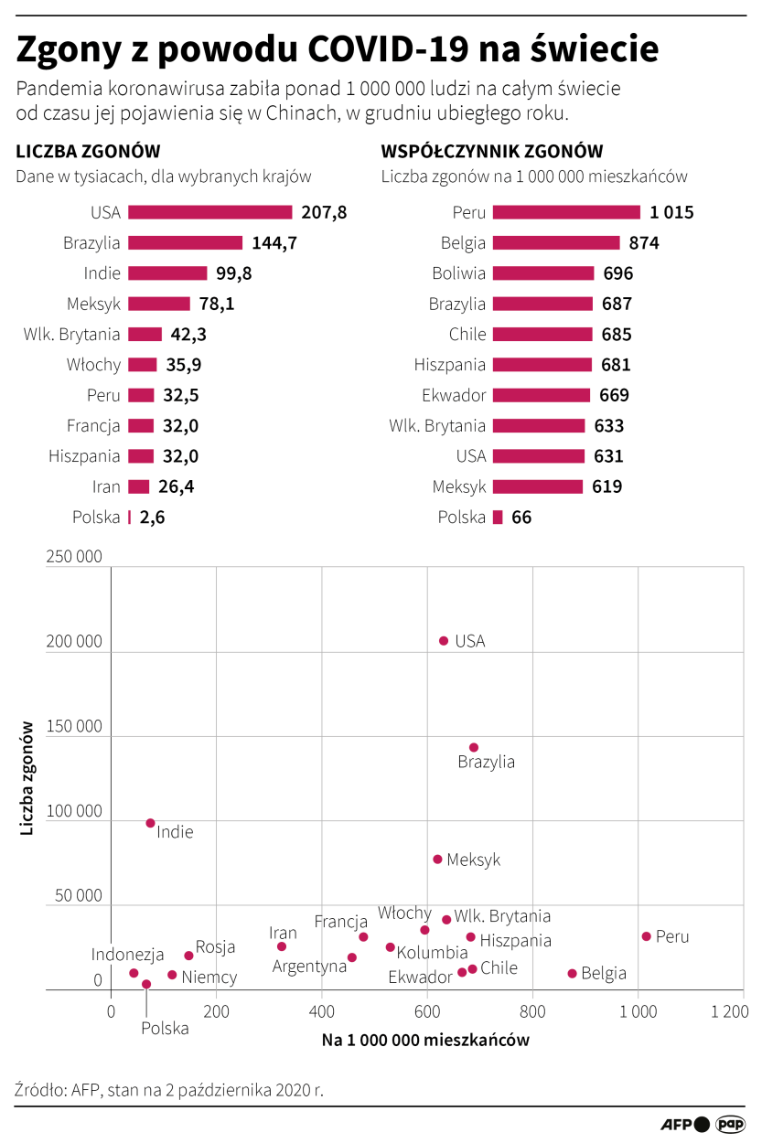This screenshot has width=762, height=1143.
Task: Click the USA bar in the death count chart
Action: [x=209, y=212]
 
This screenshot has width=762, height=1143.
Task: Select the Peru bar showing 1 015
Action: [x=566, y=212]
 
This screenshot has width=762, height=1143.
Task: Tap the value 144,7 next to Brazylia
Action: [x=274, y=243]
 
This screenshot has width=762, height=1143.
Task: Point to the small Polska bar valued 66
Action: [x=498, y=518]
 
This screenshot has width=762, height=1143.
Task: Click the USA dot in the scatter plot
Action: [x=444, y=641]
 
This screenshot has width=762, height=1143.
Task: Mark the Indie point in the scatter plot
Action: [x=151, y=823]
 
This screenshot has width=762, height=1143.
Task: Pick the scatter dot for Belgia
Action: [x=573, y=974]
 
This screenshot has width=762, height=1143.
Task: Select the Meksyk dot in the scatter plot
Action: [x=437, y=860]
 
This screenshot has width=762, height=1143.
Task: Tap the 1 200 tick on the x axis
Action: [x=729, y=1012]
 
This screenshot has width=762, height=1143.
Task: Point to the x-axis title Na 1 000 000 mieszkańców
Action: [x=425, y=1041]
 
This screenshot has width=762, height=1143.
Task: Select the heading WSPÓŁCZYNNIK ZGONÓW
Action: [x=492, y=152]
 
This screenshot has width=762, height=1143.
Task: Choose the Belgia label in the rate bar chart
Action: [x=462, y=243]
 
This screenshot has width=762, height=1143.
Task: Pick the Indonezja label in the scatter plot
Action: [x=128, y=955]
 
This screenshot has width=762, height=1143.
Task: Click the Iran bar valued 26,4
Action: [x=139, y=486]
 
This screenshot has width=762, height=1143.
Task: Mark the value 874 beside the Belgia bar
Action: [x=644, y=243]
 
